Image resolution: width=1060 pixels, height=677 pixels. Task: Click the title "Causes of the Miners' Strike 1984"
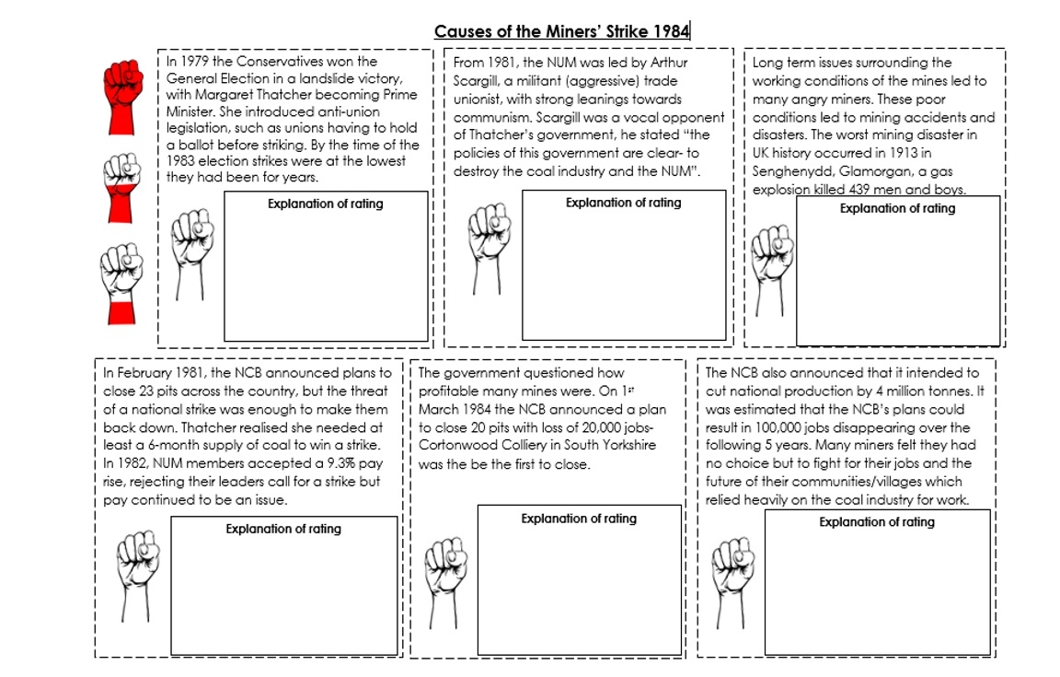561,31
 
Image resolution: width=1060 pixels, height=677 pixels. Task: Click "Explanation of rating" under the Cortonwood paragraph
579,519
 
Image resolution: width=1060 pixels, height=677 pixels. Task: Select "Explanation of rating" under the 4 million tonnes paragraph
877,522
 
